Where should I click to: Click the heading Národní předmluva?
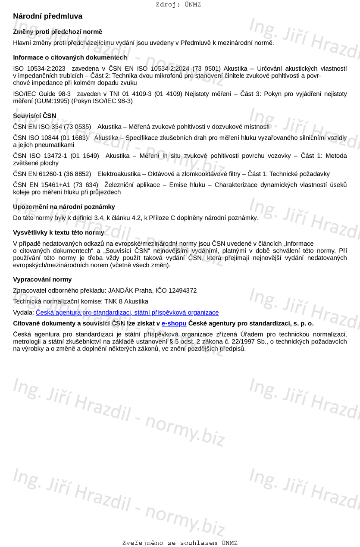coord(47,16)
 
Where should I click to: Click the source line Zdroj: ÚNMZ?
coord(178,5)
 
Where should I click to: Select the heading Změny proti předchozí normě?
coord(57,32)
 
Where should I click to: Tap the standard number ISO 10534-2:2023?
coord(39,69)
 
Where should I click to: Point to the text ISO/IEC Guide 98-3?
coord(42,94)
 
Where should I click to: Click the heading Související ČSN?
coord(34,116)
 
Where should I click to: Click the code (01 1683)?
coord(74,138)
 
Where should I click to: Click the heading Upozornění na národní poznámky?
coord(64,207)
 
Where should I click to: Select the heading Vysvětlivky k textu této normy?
coord(59,233)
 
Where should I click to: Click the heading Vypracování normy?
coord(42,279)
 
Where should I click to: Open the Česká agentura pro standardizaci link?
coord(127,313)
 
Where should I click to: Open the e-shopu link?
coord(174,323)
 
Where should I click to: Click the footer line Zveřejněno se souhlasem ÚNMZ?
coord(180,543)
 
